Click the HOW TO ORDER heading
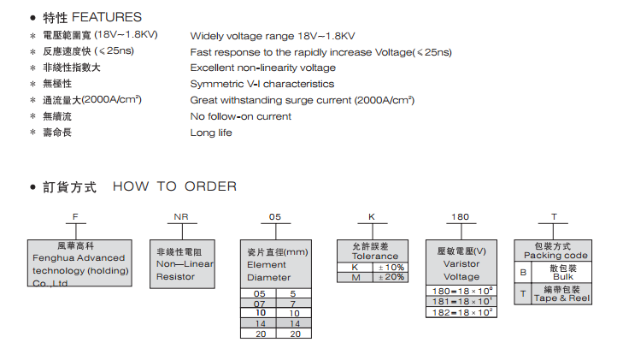[174, 186]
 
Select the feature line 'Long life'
[211, 133]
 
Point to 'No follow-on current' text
[240, 116]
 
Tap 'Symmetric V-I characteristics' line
[261, 84]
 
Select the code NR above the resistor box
[181, 218]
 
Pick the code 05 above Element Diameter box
[274, 218]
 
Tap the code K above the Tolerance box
[372, 218]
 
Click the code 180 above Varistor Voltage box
[460, 218]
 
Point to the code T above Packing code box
[554, 218]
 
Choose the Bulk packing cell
[563, 273]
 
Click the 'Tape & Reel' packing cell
[563, 293]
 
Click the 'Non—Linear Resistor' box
[181, 264]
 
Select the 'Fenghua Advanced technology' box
[79, 263]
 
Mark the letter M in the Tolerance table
[355, 277]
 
